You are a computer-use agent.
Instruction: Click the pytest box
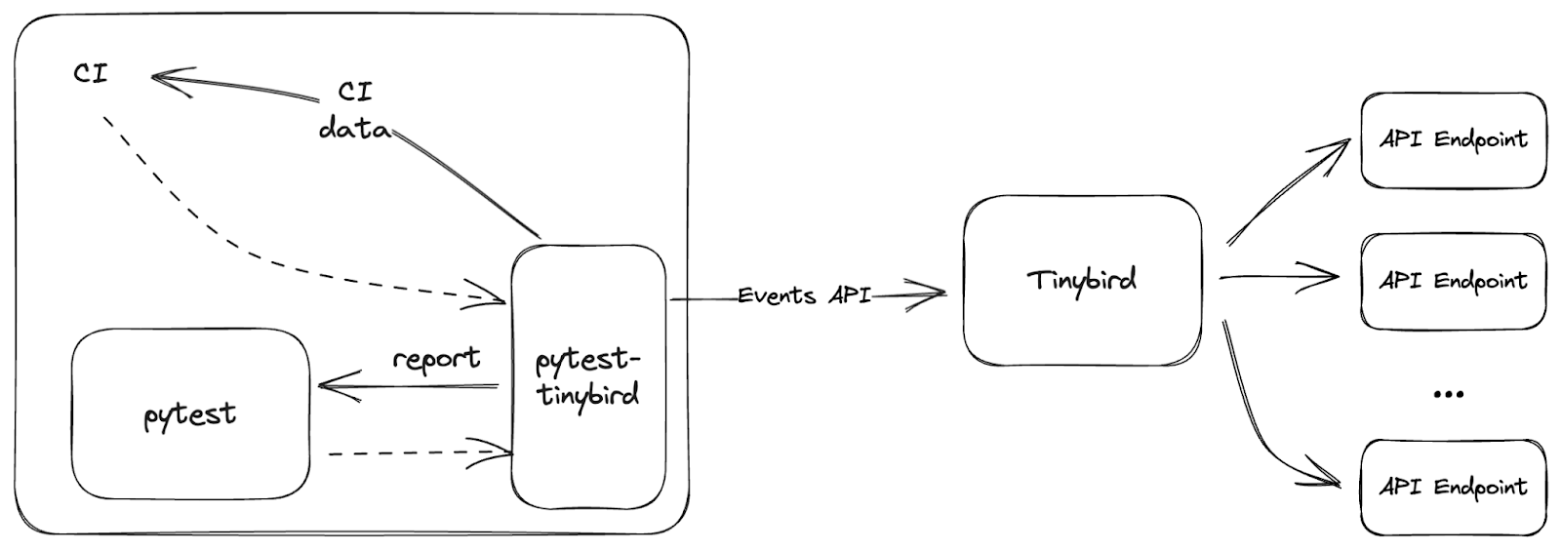190,414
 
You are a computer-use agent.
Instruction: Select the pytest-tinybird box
588,376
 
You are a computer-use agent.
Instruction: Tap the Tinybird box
1082,281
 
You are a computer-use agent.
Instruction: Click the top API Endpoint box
1453,139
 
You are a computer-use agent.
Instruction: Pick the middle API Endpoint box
1453,281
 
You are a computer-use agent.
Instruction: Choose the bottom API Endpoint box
1453,487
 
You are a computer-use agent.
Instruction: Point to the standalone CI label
91,73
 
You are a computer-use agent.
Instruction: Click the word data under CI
354,128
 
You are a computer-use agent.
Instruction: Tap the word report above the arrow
436,359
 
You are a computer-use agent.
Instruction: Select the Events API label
804,295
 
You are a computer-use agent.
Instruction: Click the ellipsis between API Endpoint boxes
1449,394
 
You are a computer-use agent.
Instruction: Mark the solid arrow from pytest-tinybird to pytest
410,387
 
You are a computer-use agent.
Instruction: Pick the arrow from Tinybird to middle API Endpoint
1278,278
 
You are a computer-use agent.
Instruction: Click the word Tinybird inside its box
1082,281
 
